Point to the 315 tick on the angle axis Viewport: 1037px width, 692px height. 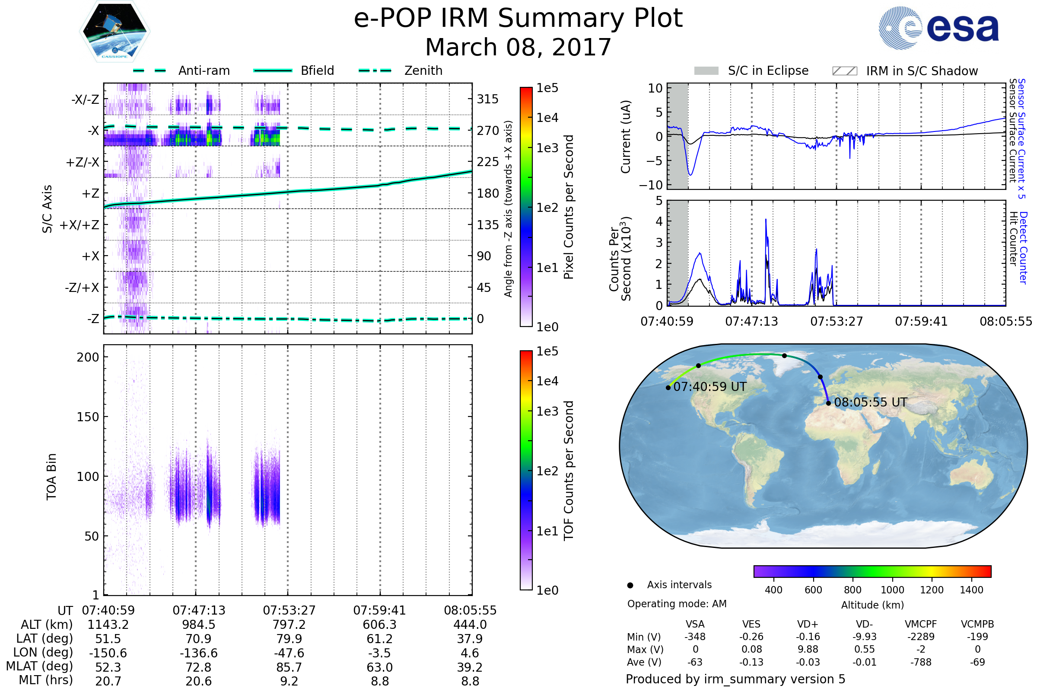tap(487, 99)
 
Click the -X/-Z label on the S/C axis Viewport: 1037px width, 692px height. tap(85, 99)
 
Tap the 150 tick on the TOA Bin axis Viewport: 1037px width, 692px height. tap(88, 417)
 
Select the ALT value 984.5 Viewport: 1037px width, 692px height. tap(198, 625)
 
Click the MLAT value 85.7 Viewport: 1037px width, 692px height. tap(289, 667)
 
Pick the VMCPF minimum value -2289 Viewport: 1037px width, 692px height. tap(921, 637)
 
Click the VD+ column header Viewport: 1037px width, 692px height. tap(808, 624)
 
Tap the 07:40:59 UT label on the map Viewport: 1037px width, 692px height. tap(710, 387)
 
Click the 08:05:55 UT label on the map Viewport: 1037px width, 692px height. tap(870, 402)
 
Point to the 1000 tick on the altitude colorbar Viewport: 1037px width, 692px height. tap(892, 590)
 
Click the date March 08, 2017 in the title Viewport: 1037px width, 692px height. tap(518, 47)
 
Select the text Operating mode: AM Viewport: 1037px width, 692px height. tap(677, 604)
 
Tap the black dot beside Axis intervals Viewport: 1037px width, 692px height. tap(630, 585)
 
